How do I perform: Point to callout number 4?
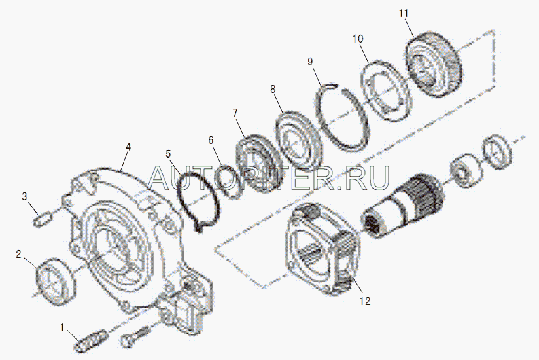click(x=128, y=147)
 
